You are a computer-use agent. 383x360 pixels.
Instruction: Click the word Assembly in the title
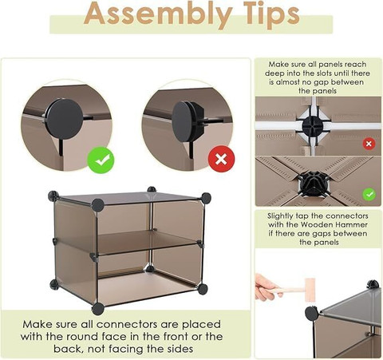pos(158,14)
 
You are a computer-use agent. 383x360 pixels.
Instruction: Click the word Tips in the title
pos(271,14)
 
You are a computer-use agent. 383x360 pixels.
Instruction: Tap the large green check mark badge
pos(101,160)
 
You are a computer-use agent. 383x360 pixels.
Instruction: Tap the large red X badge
pos(221,159)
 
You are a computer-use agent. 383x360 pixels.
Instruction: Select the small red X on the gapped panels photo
pos(369,144)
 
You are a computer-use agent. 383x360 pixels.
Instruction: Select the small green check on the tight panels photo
pos(369,195)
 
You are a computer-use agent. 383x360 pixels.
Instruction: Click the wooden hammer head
pos(310,290)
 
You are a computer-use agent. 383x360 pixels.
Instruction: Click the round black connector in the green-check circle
pos(65,119)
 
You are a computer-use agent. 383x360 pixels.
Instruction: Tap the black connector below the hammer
pos(311,313)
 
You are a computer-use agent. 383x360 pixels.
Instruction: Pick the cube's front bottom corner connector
pos(98,309)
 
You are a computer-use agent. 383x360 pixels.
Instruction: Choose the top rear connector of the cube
pos(152,189)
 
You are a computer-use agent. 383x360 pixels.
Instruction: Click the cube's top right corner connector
pos(206,198)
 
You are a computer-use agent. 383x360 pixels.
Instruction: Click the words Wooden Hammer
pos(334,224)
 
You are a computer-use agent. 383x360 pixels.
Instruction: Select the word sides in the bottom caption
pos(180,349)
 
